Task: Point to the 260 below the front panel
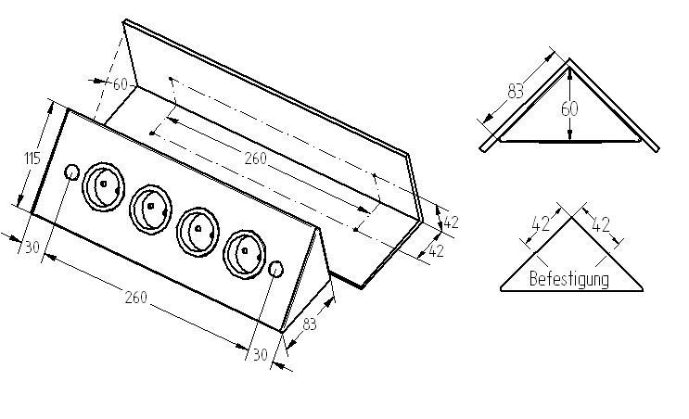click(x=135, y=298)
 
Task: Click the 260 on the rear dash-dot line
click(x=255, y=159)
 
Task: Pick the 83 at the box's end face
click(x=310, y=324)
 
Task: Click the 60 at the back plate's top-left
click(x=120, y=84)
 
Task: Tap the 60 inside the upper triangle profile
click(x=568, y=108)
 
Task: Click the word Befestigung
click(x=569, y=278)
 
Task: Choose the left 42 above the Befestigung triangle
click(x=541, y=223)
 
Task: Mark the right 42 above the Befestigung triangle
click(x=602, y=223)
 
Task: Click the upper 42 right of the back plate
click(x=451, y=222)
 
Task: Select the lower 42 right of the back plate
click(x=436, y=250)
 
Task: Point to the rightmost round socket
click(x=242, y=250)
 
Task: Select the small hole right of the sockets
click(x=275, y=269)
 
